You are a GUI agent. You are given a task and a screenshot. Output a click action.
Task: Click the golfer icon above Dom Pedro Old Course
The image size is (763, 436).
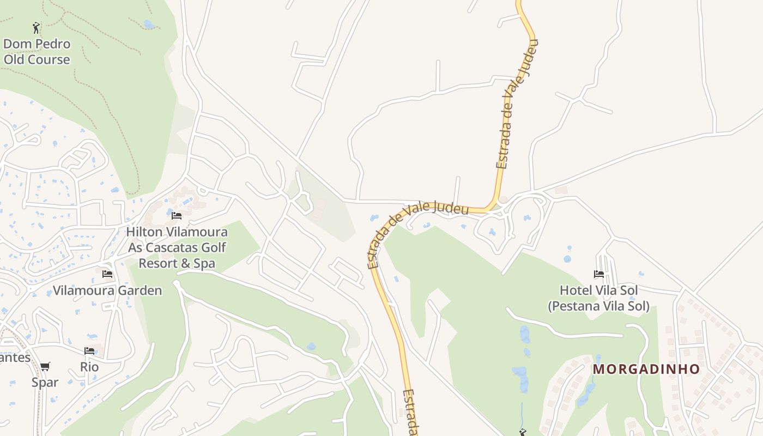click(36, 27)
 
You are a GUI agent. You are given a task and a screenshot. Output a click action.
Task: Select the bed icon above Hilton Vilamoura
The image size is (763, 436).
click(176, 216)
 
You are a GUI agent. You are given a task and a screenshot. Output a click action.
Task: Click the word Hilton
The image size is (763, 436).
click(144, 232)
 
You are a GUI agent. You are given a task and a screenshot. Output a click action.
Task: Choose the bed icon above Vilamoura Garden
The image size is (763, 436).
click(107, 274)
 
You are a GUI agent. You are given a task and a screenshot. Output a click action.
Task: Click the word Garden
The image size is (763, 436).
click(140, 290)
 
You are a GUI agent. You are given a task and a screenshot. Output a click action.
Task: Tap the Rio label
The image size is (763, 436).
click(89, 367)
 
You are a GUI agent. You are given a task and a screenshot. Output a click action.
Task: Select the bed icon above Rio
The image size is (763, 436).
click(89, 351)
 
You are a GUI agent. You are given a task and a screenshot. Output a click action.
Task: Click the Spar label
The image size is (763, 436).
click(45, 382)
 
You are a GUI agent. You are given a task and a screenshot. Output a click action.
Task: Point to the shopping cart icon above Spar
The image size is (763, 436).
click(45, 366)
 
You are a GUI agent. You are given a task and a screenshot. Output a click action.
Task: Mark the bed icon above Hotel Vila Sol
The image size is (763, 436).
click(599, 274)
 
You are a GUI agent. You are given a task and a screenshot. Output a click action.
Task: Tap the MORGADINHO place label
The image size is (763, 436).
click(646, 369)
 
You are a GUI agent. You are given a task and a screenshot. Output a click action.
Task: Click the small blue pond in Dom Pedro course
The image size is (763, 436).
click(149, 24)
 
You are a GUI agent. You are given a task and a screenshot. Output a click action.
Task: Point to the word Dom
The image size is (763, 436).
click(15, 44)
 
